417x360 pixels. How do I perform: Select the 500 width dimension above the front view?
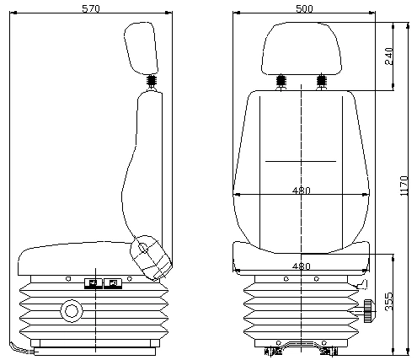304,8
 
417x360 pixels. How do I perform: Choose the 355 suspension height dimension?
389,301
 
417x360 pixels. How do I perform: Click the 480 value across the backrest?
301,191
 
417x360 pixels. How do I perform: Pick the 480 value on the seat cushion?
301,266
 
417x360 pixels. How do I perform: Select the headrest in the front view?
301,46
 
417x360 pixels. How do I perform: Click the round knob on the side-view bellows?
69,312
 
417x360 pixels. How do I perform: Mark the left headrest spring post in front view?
280,84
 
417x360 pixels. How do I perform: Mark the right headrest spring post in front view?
321,84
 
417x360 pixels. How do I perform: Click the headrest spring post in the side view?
152,83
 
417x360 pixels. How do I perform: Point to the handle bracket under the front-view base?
301,347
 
